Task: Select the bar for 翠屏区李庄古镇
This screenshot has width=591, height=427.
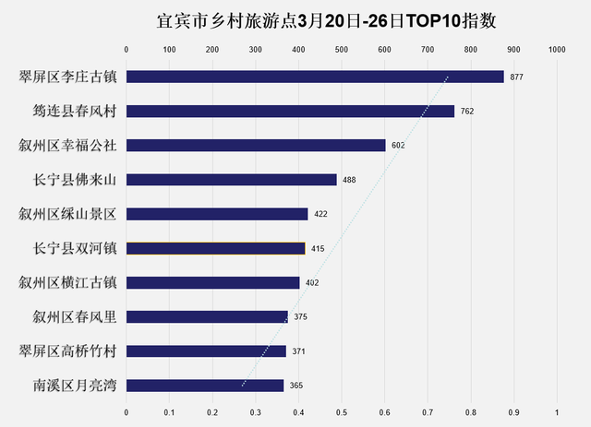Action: click(314, 77)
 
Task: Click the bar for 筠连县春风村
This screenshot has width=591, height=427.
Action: click(290, 111)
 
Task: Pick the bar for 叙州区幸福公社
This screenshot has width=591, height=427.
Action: click(256, 145)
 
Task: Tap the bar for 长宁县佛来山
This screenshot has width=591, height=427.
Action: click(231, 179)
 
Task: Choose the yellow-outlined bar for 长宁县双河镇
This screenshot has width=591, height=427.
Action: click(215, 248)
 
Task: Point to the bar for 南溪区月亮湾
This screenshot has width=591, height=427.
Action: click(205, 385)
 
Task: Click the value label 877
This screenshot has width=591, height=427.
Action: click(516, 77)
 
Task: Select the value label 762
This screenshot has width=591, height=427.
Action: click(466, 112)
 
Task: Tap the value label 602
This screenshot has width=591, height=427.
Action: click(398, 146)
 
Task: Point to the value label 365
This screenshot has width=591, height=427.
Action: click(295, 386)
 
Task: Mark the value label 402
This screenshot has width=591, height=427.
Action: click(312, 283)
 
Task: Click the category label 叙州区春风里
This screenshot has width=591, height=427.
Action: click(67, 317)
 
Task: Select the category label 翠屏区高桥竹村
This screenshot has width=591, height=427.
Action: click(67, 351)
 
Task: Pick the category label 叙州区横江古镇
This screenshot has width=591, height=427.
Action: click(67, 283)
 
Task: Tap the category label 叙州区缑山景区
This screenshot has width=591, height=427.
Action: click(67, 214)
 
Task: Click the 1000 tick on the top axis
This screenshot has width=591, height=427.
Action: click(556, 50)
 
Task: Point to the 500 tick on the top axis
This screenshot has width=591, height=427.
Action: click(341, 50)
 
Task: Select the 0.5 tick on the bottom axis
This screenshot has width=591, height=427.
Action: click(341, 411)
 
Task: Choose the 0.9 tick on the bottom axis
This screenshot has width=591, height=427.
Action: click(513, 411)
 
